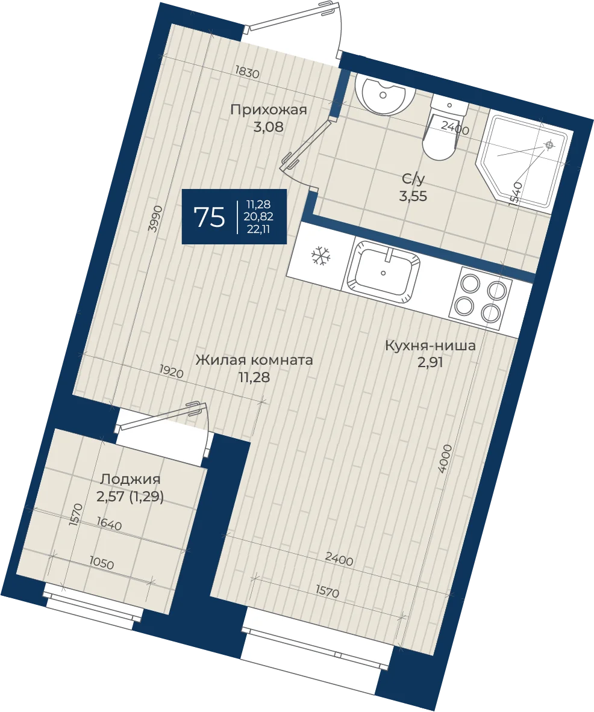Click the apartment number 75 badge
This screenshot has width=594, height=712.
coord(234,217)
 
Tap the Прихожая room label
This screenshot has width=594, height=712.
coord(269,110)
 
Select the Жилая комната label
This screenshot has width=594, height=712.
coord(254,360)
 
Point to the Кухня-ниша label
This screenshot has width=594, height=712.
coord(430,345)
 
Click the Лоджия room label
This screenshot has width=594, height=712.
coord(131,479)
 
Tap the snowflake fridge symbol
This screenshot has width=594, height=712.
coord(321,256)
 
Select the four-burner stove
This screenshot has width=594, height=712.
coord(480,295)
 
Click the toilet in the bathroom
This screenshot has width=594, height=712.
coord(443,128)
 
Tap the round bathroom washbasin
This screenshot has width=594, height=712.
coord(385,95)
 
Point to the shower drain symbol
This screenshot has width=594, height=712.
coord(549,145)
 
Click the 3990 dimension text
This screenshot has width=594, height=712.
coord(156,219)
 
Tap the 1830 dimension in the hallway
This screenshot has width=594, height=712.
coord(247,72)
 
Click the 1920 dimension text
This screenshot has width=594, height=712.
coord(171,372)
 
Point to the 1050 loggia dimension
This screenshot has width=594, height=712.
coord(101,563)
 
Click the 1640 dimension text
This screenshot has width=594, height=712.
coord(110,524)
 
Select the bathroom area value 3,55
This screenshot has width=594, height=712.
coord(413,197)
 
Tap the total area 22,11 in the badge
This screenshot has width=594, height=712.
coord(258,229)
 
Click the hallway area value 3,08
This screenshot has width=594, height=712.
coord(269,126)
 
